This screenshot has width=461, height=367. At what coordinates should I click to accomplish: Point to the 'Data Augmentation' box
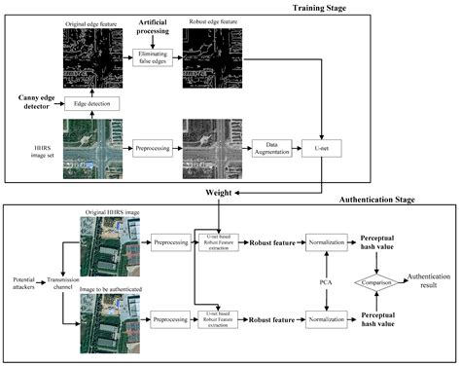(267, 147)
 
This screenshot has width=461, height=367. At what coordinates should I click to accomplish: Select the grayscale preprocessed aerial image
(213, 148)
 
